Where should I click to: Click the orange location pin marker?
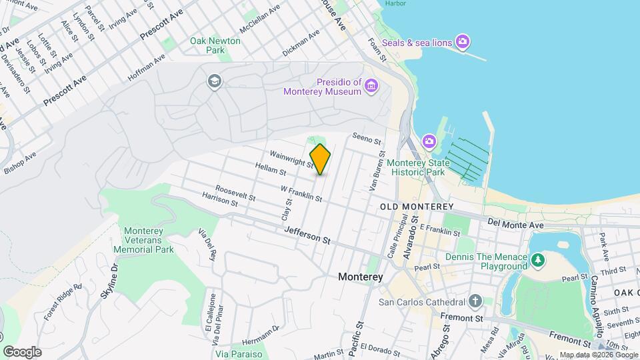click(320, 159)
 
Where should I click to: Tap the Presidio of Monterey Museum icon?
click(371, 85)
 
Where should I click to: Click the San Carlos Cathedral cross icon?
click(475, 301)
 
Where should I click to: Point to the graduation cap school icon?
click(215, 81)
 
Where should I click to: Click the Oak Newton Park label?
click(215, 45)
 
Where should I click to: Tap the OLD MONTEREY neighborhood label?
click(417, 207)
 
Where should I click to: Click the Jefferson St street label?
click(307, 234)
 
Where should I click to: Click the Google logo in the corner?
click(22, 351)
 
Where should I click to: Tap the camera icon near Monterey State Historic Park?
click(429, 141)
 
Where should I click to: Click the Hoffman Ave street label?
click(146, 69)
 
